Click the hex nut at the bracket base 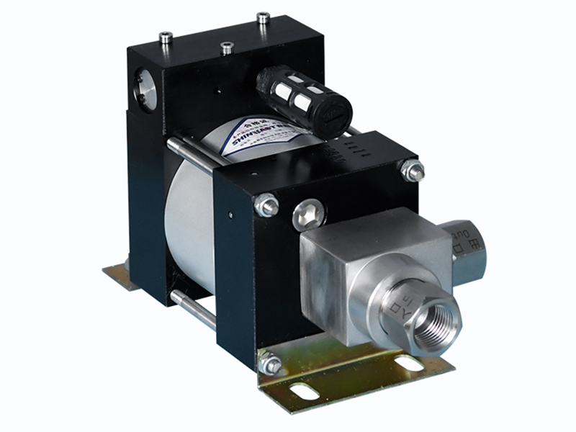coord(271,364)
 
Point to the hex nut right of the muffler coord(413,171)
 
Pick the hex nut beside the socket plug coord(266,205)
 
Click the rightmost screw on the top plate coord(263,18)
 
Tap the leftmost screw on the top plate coord(166,38)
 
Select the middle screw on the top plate coord(227,48)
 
